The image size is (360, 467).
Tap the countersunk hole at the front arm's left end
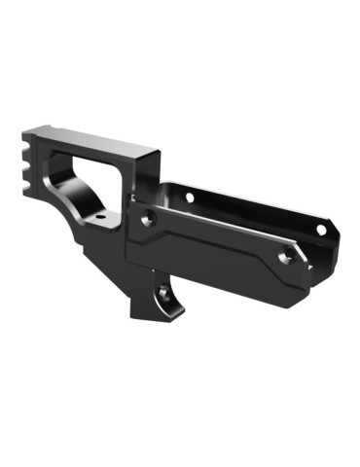147,221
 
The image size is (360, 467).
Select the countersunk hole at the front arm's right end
285,258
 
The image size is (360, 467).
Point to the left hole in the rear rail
189,198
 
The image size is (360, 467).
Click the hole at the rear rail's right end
320,230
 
